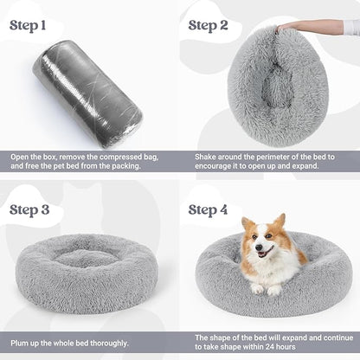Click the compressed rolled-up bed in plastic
[x=87, y=93]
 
